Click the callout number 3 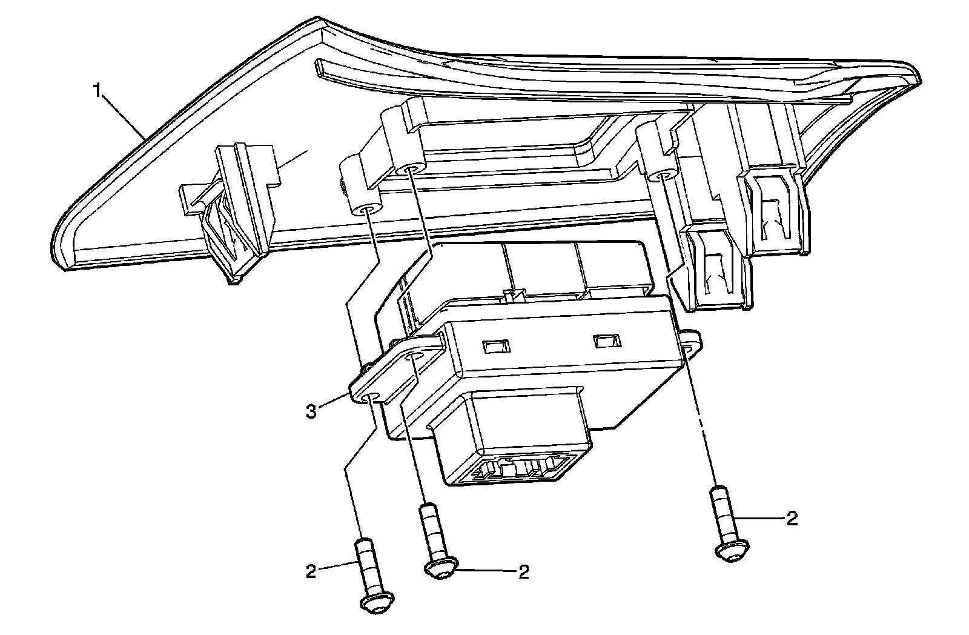click(311, 413)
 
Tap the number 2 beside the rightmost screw click(791, 518)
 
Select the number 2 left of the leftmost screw click(311, 571)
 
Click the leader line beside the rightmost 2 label click(759, 518)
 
